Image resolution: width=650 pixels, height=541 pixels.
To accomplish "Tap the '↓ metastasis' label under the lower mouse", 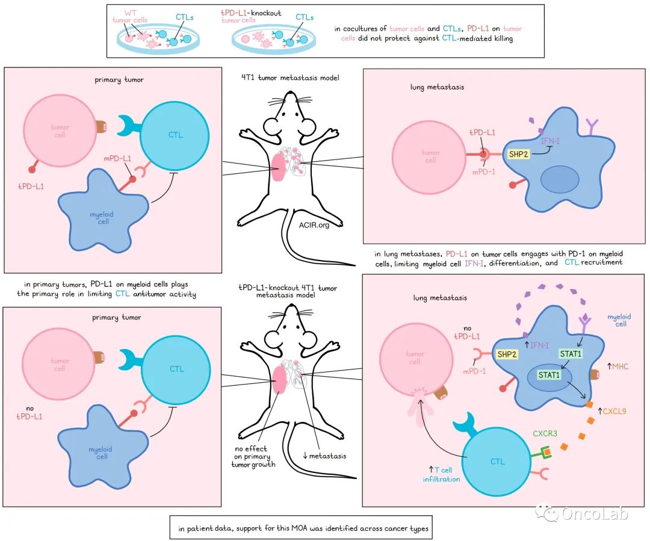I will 324,456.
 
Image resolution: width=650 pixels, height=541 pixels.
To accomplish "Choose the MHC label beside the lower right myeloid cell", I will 619,365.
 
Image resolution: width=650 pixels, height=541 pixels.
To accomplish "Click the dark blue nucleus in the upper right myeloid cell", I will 559,181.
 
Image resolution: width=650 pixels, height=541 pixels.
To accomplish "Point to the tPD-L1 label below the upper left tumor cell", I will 31,187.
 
